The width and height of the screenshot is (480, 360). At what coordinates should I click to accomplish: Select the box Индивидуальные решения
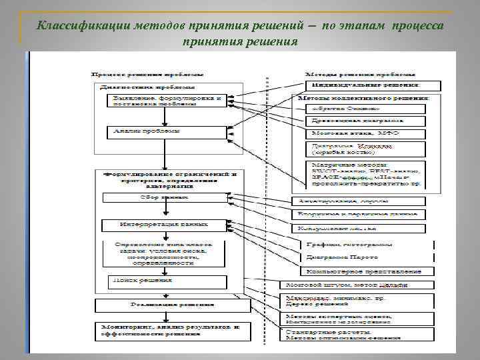point(373,85)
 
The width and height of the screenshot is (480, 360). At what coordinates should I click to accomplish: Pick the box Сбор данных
point(163,199)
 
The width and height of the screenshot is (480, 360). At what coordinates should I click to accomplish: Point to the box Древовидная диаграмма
point(365,121)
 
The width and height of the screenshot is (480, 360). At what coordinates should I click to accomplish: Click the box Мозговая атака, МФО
point(365,134)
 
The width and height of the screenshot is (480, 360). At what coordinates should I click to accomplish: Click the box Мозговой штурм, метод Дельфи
point(357,285)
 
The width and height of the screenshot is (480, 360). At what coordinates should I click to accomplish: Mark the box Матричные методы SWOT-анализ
point(365,174)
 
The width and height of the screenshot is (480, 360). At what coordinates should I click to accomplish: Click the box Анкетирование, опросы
point(357,201)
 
